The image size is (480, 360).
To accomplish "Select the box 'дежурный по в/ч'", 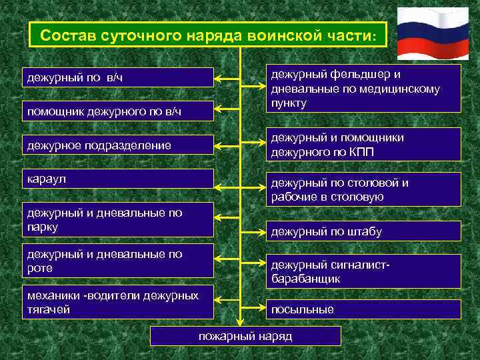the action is [x=118, y=77].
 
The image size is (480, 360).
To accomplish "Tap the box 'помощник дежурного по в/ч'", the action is [x=118, y=111].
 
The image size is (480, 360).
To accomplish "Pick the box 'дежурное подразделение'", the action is [x=118, y=145].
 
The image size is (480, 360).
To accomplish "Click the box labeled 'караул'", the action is [x=118, y=180].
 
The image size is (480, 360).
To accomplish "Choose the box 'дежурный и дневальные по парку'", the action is [x=118, y=220].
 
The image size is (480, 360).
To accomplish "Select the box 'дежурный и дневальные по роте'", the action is [x=118, y=261].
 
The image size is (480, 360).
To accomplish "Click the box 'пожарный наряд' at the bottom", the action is [x=245, y=335].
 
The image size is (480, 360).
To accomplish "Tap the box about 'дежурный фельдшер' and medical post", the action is [x=363, y=88].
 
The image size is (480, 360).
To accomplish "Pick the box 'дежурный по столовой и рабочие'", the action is [x=363, y=189].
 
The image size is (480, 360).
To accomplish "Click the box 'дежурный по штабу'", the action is [x=363, y=231].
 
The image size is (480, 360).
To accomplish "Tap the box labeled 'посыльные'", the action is [x=363, y=309].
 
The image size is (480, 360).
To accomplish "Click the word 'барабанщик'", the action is [x=305, y=279].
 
